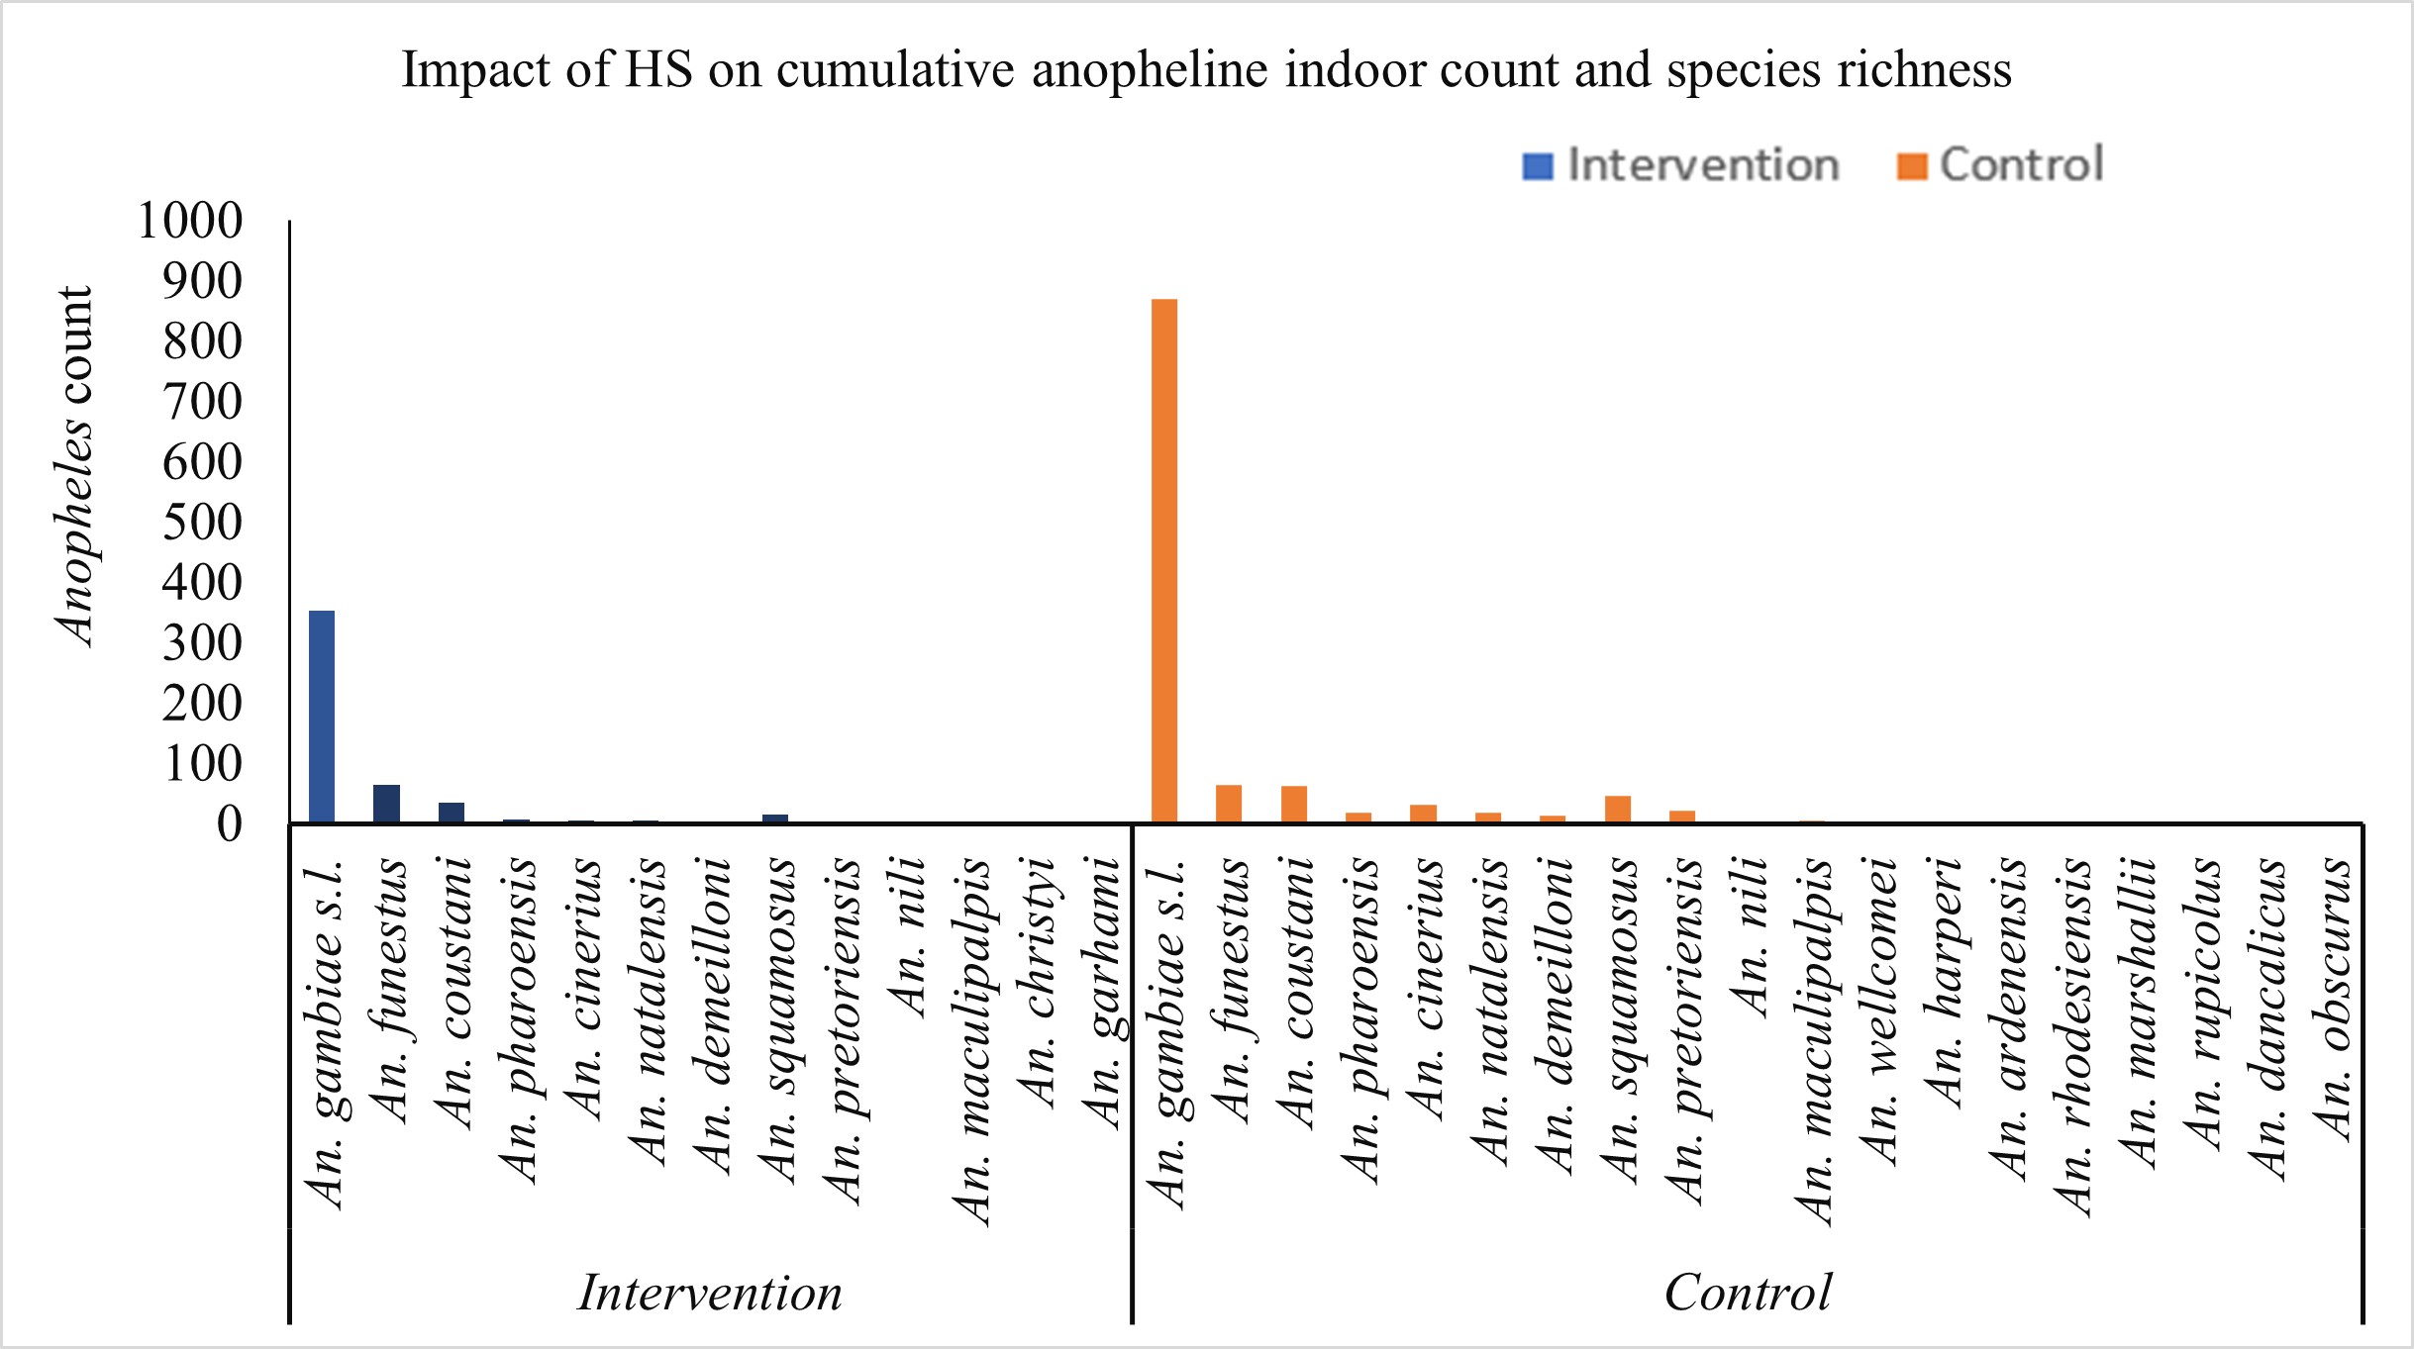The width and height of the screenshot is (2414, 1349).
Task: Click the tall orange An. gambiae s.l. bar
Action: (x=1164, y=560)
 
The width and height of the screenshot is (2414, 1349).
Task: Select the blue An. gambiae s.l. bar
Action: (x=322, y=717)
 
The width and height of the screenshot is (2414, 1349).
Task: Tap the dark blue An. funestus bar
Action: (x=386, y=804)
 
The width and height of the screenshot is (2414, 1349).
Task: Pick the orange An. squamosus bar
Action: (x=1618, y=810)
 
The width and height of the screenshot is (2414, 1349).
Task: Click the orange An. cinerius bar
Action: (x=1423, y=814)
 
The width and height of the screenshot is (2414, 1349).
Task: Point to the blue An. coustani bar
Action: (x=452, y=813)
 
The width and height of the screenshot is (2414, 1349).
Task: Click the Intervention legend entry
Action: (x=1681, y=165)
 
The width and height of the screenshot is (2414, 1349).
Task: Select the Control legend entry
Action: (x=2000, y=165)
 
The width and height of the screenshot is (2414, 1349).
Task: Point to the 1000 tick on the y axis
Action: (x=190, y=221)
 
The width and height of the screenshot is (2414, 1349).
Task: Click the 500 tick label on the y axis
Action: (x=203, y=522)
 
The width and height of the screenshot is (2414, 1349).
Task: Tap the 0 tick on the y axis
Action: (x=230, y=823)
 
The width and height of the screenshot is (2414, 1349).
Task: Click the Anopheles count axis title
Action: (x=74, y=465)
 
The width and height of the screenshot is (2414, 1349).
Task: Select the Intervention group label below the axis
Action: (x=710, y=1293)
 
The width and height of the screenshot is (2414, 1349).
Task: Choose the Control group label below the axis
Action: (x=1748, y=1293)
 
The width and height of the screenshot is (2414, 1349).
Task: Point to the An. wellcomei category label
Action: (x=1878, y=1010)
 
